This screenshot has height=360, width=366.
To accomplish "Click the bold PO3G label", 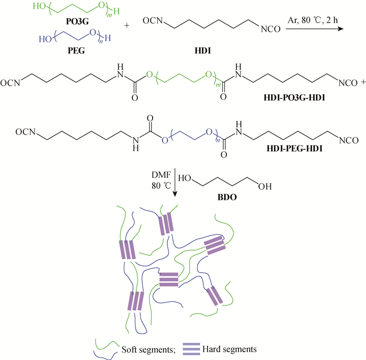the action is click(77, 21).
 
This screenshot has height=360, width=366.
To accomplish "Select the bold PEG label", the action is click(76, 50).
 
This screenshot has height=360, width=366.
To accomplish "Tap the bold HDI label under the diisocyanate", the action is click(203, 50).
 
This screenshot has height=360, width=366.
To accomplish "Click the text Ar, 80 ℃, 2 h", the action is click(313, 20).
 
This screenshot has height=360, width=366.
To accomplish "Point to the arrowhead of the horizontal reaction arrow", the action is click(341, 29).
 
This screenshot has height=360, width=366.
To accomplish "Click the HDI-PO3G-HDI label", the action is click(294, 97).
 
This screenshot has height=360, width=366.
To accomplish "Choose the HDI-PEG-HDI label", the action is click(294, 149).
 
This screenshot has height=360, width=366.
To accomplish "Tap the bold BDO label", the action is click(227, 197).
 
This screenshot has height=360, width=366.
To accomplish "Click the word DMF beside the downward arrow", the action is click(161, 175).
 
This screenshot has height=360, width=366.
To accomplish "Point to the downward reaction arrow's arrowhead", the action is click(175, 194).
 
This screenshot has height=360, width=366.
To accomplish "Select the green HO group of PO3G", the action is click(39, 6).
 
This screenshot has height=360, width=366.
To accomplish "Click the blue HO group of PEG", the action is click(45, 39).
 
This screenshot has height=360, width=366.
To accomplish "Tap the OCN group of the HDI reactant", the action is click(153, 20).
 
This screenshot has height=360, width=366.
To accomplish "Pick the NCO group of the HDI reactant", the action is click(270, 29).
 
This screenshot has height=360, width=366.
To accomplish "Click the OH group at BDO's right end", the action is click(265, 186).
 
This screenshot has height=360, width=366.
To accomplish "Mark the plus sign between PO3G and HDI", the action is click(127, 25).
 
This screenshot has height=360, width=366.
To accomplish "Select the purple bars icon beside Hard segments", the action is click(191, 349).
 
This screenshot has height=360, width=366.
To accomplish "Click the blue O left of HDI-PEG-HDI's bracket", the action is click(165, 140).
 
